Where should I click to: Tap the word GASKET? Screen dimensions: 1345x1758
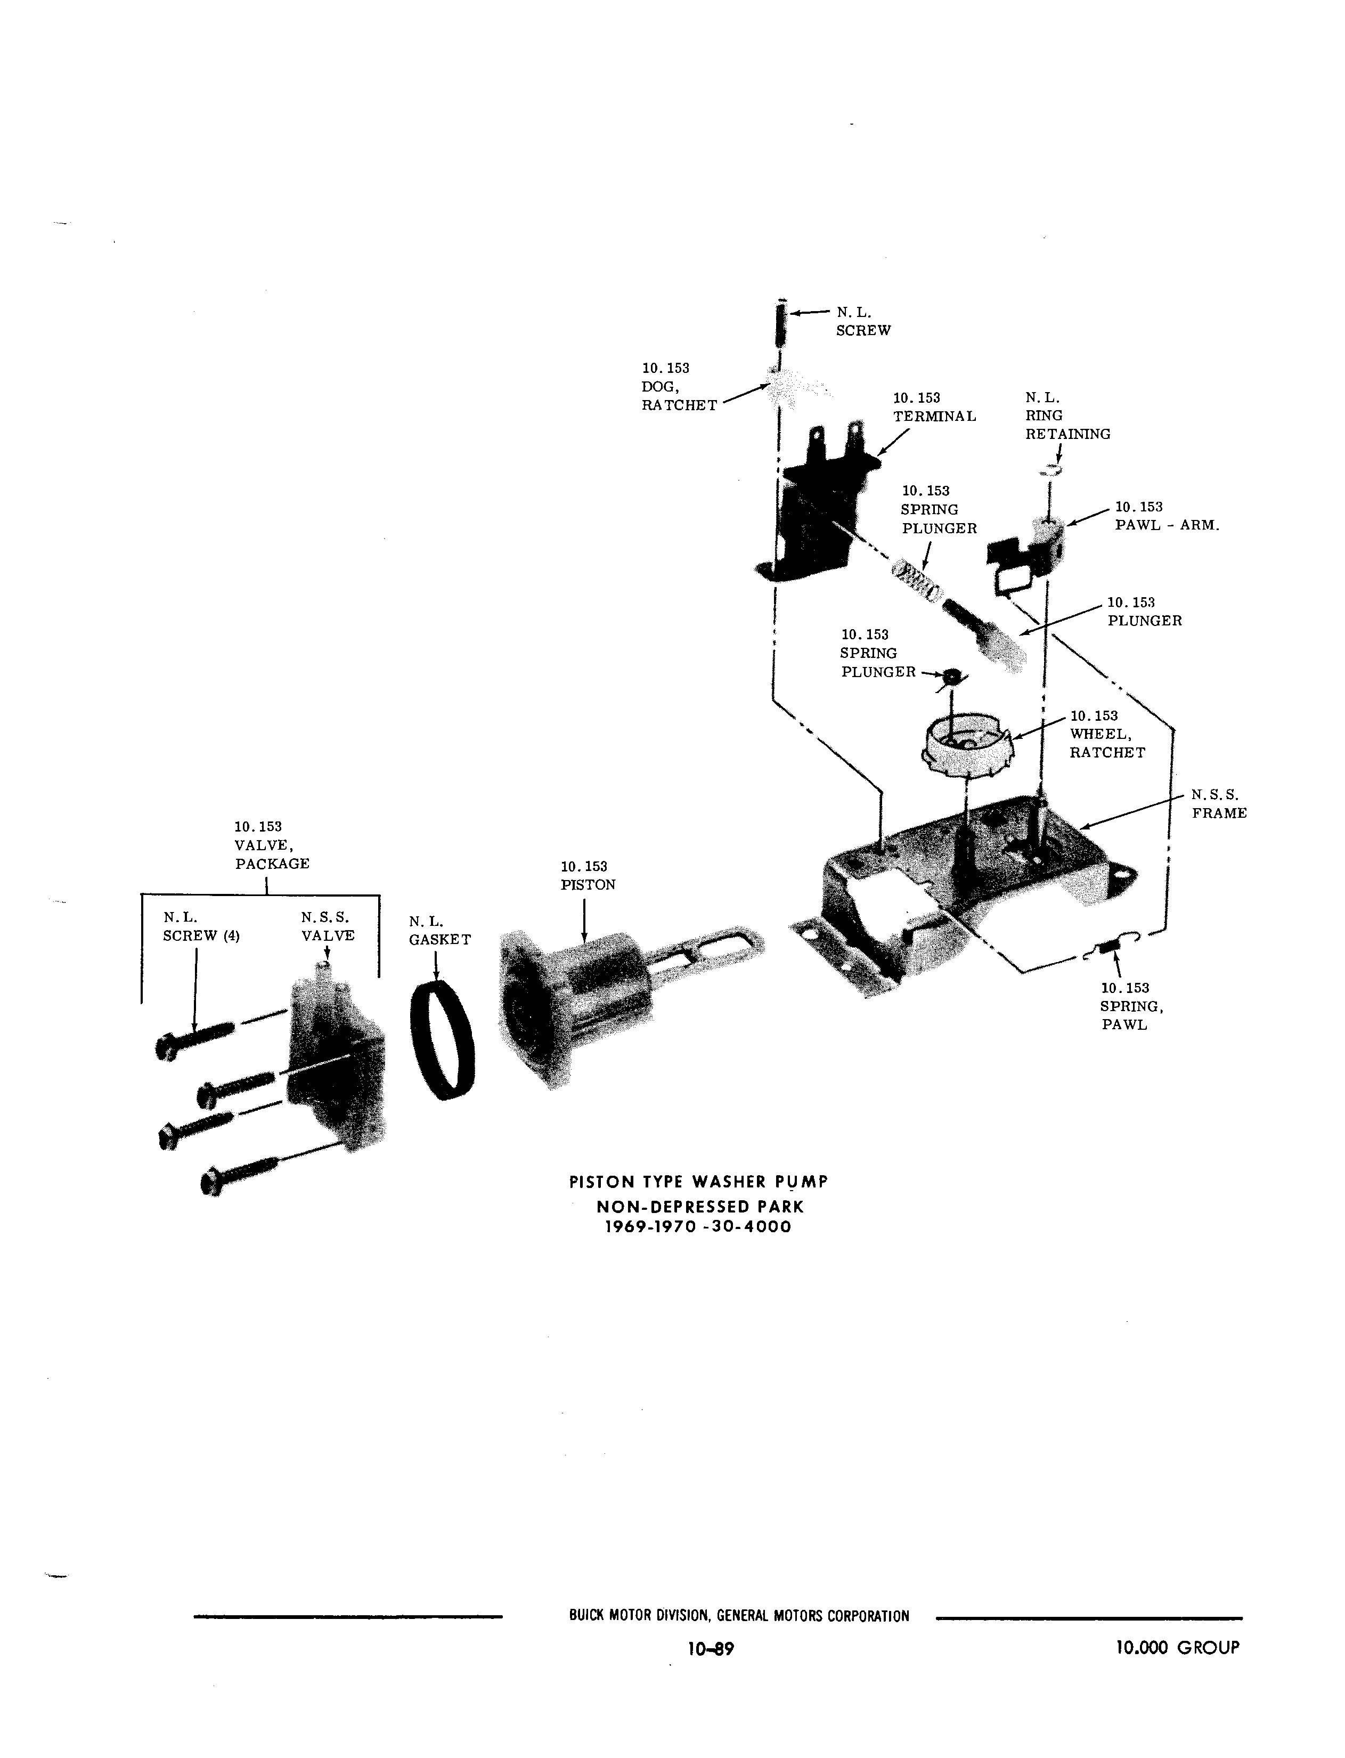[441, 940]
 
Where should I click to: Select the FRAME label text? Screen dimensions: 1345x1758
[1219, 813]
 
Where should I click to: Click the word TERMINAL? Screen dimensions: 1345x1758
[935, 416]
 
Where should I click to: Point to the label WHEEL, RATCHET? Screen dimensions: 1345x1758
[1108, 743]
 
